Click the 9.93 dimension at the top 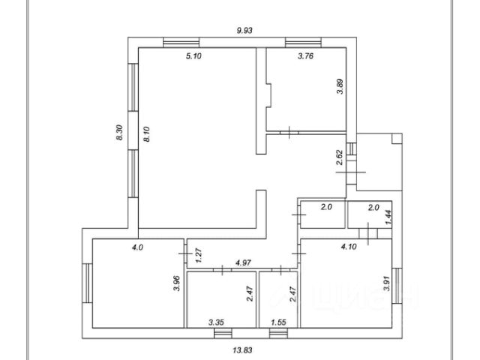(x=244, y=30)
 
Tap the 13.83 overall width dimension (x=242, y=349)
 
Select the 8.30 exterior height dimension (x=119, y=133)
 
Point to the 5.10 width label (x=193, y=56)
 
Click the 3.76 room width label (x=305, y=56)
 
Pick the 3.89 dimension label (x=340, y=87)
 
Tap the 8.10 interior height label (x=147, y=134)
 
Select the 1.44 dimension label (x=388, y=217)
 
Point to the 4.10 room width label (x=349, y=247)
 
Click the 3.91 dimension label (x=387, y=283)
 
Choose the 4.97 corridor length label (x=243, y=262)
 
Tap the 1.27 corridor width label (x=198, y=255)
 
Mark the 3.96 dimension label (x=177, y=283)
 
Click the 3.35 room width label (x=217, y=322)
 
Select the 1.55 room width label (x=278, y=322)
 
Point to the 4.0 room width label (x=137, y=247)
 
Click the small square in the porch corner (x=397, y=138)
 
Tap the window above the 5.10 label (x=181, y=42)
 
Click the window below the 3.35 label (x=223, y=333)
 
